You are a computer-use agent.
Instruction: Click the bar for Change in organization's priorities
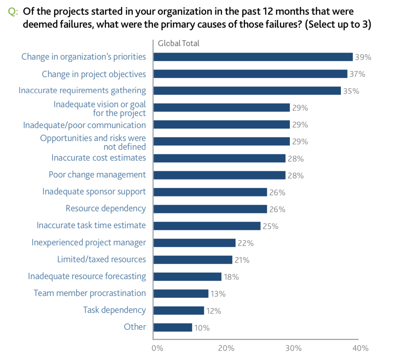253,57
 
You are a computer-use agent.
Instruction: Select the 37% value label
357,74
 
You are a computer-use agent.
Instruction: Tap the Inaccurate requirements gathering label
82,91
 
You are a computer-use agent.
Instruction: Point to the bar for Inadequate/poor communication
221,125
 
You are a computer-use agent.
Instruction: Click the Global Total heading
178,43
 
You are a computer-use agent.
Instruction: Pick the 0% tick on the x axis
157,348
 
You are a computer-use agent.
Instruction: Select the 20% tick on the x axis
226,348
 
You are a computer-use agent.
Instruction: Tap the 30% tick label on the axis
293,348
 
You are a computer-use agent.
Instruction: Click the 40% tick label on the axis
360,348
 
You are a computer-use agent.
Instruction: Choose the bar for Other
172,327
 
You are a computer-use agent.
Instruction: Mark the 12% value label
213,311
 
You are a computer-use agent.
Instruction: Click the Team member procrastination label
90,293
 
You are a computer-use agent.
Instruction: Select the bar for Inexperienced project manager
194,243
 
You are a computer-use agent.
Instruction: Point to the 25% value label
270,226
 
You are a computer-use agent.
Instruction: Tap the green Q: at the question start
13,12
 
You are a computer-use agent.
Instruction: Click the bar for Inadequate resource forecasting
187,276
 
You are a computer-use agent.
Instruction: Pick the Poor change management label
97,175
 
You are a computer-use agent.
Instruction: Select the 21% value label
242,260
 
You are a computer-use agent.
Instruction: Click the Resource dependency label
106,209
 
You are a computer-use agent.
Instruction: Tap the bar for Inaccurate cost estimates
219,158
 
